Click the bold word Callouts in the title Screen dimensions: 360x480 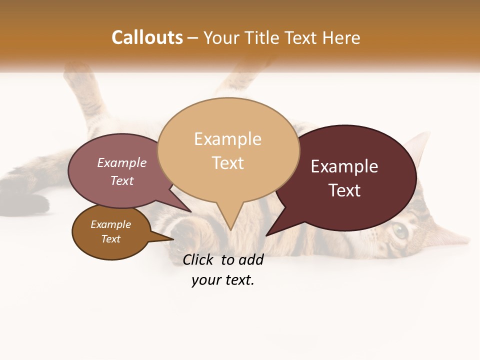[x=147, y=37]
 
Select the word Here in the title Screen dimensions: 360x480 [x=341, y=38]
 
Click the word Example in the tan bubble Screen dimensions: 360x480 [x=227, y=139]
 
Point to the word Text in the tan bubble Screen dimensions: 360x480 [x=227, y=162]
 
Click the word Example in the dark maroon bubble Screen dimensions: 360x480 [x=344, y=166]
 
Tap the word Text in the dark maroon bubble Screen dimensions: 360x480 [x=344, y=190]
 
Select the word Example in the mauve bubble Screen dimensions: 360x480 [x=121, y=162]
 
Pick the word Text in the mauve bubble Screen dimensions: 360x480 [x=121, y=180]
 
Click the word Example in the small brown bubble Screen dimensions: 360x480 [x=110, y=224]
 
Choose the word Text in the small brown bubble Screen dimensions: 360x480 [x=110, y=239]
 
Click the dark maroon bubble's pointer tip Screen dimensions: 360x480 [x=267, y=235]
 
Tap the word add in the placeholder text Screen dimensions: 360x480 [x=251, y=259]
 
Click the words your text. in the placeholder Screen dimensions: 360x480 [x=223, y=280]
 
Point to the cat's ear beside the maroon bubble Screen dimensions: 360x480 [x=420, y=145]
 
